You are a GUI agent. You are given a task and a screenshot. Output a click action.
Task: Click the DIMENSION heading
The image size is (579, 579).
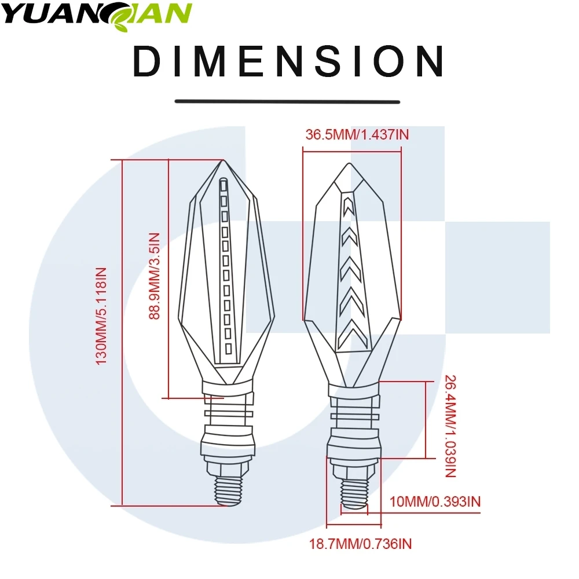288,61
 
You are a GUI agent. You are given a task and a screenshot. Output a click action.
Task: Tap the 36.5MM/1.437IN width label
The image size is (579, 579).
357,135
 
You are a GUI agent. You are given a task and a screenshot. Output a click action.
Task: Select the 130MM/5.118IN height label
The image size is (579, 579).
101,316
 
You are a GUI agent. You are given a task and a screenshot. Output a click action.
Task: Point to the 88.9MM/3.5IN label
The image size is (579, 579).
155,276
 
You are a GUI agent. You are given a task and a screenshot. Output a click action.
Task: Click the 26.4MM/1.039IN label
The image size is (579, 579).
450,426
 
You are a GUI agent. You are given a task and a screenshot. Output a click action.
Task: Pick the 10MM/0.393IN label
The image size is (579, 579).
435,502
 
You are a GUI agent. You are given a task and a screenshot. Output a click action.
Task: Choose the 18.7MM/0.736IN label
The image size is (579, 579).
360,544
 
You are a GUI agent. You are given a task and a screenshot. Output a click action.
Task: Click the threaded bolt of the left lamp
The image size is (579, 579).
229,490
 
